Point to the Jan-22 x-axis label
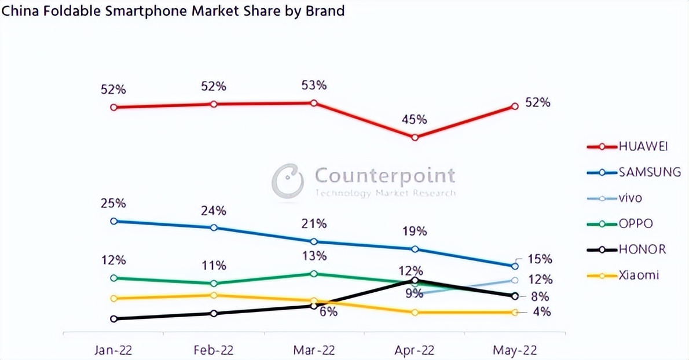[x=113, y=350]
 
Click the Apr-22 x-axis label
[x=415, y=350]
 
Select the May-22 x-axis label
[x=515, y=350]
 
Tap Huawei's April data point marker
[x=415, y=138]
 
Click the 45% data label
[x=415, y=120]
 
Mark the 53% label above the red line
[x=314, y=86]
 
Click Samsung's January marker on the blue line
[x=113, y=221]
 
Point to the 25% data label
[x=113, y=204]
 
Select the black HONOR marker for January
[x=113, y=318]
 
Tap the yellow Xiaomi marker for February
[x=214, y=295]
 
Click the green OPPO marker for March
[x=314, y=274]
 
